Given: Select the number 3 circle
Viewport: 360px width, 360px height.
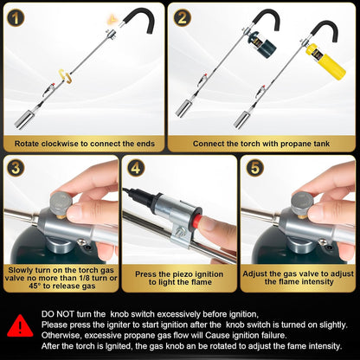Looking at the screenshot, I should tap(18, 166).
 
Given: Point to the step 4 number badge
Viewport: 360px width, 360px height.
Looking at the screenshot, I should tap(137, 166).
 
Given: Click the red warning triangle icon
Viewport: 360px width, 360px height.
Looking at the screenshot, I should tap(21, 325).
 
